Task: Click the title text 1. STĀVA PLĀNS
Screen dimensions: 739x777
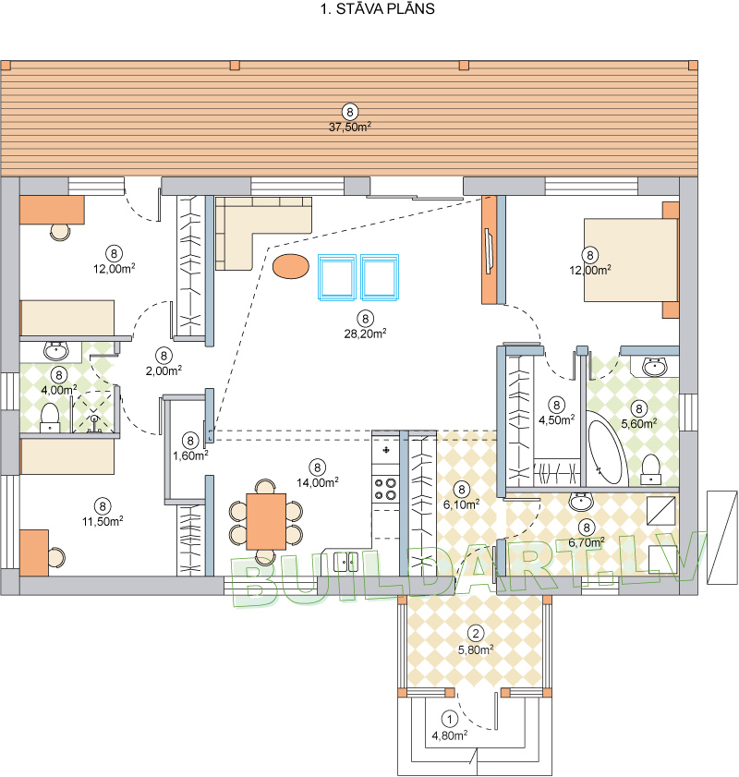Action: [378, 9]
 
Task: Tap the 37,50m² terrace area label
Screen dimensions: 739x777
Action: [350, 127]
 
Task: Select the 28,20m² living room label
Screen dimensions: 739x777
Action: [365, 334]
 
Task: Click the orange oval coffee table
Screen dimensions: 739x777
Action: [291, 266]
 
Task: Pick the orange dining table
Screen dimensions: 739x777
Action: [266, 521]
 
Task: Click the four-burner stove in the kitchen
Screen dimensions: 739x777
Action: [385, 488]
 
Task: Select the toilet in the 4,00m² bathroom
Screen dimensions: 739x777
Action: [50, 418]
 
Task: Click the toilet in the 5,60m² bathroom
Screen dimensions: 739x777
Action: [651, 469]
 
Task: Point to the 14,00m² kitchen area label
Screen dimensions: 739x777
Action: [318, 482]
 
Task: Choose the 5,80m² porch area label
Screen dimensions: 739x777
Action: [476, 650]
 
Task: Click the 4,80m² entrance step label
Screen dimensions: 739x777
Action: [449, 735]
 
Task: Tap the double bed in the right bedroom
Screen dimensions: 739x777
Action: [631, 260]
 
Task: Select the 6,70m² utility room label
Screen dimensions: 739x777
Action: [587, 542]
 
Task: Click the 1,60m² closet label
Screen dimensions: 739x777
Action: [190, 455]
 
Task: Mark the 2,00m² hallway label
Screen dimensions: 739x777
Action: [164, 370]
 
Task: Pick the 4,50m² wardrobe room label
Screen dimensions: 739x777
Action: [557, 419]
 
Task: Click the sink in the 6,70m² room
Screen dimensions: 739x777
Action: [581, 501]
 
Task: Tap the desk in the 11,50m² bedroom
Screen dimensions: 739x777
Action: [34, 552]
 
